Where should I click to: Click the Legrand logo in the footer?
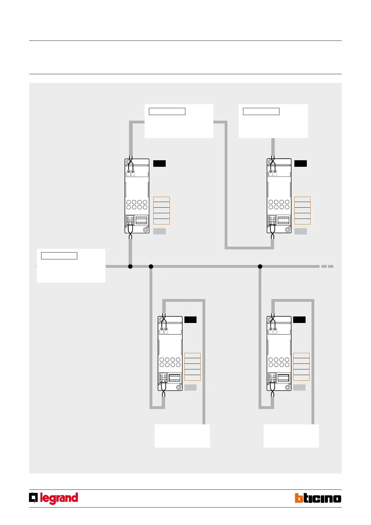54,498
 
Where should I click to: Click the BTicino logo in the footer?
318,498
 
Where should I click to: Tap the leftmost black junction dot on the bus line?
130,266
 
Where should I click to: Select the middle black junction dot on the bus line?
151,266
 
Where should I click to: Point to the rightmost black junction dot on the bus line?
260,266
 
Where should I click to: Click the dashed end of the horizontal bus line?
327,266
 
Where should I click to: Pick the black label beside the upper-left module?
159,163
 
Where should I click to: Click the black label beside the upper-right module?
301,163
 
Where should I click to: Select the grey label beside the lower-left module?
190,388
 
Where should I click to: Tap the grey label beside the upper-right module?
301,231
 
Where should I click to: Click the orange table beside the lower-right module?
301,367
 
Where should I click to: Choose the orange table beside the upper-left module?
161,210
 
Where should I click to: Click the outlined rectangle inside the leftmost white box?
59,256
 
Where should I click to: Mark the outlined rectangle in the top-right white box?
261,111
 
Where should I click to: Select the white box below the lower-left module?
182,436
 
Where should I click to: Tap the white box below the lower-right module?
291,436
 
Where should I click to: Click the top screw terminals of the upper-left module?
131,172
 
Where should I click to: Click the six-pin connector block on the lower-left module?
175,378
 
